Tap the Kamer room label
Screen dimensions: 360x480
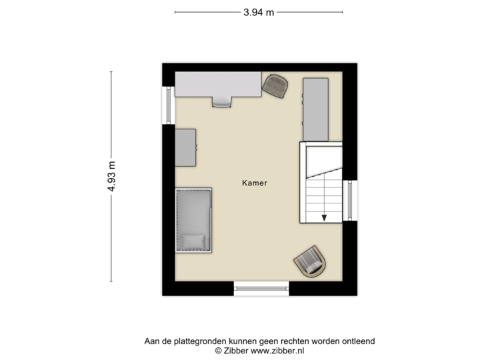tap(255, 183)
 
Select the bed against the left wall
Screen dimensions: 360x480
tap(194, 220)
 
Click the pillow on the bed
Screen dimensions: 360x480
tap(194, 241)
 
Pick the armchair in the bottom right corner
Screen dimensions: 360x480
tap(311, 261)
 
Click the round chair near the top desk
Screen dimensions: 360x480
tap(277, 85)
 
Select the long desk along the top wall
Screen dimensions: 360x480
tap(218, 85)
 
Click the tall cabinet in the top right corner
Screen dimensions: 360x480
tap(315, 109)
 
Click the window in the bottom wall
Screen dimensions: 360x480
tap(261, 289)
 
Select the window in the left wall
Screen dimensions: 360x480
tap(167, 105)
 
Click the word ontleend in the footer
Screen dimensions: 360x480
tap(359, 341)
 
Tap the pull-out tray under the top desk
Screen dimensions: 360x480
tap(221, 101)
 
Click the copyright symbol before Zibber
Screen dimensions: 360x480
tap(217, 349)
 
